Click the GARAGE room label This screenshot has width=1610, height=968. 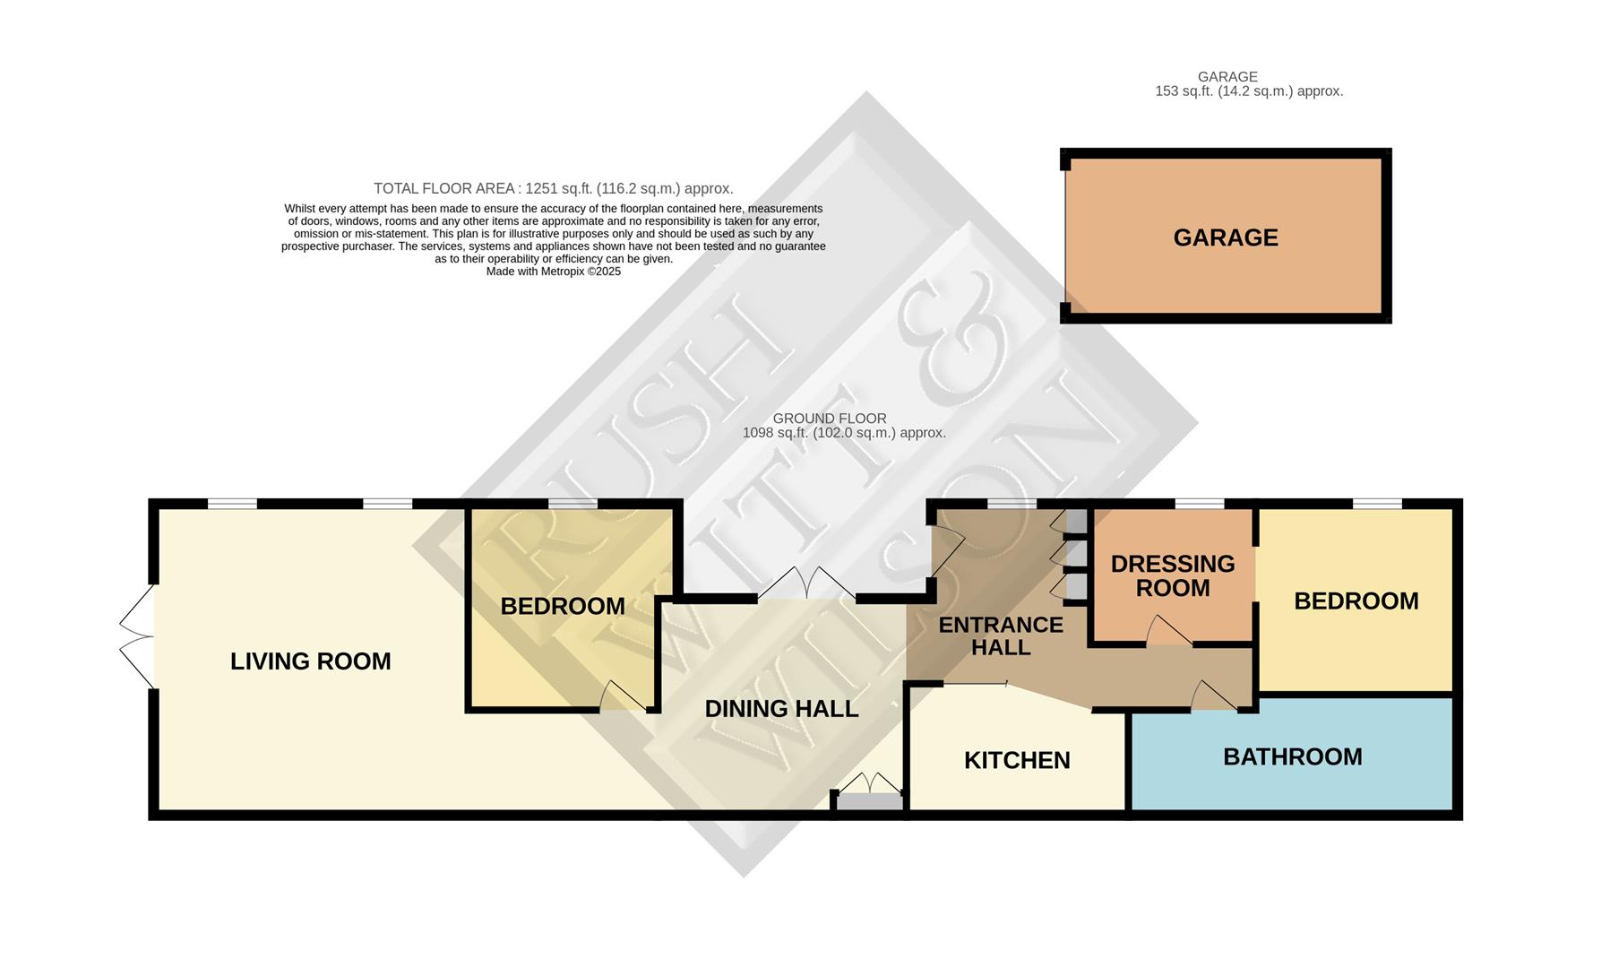pyautogui.click(x=1225, y=238)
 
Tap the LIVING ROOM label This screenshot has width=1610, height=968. pyautogui.click(x=310, y=661)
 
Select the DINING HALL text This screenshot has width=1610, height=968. pyautogui.click(x=781, y=709)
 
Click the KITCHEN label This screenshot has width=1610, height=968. pyautogui.click(x=1017, y=760)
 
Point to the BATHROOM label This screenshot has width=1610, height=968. pyautogui.click(x=1292, y=756)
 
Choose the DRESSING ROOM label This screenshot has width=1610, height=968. pyautogui.click(x=1172, y=575)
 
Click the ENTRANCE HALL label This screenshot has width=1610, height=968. pyautogui.click(x=1001, y=635)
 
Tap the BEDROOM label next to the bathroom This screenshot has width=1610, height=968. pyautogui.click(x=1356, y=601)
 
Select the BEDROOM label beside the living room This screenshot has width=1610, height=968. pyautogui.click(x=563, y=606)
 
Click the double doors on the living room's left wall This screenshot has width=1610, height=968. pyautogui.click(x=137, y=637)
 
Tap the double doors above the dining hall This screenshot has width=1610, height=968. pyautogui.click(x=806, y=583)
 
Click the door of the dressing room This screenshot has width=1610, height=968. pyautogui.click(x=1167, y=631)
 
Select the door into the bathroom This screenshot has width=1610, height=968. pyautogui.click(x=1213, y=697)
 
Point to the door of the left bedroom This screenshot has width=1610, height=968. pyautogui.click(x=622, y=696)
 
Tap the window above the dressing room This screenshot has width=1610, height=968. pyautogui.click(x=1199, y=504)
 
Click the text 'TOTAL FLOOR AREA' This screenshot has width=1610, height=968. pyautogui.click(x=444, y=188)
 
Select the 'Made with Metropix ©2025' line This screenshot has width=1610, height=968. pyautogui.click(x=553, y=272)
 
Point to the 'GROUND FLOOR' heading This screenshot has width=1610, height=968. pyautogui.click(x=829, y=419)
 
